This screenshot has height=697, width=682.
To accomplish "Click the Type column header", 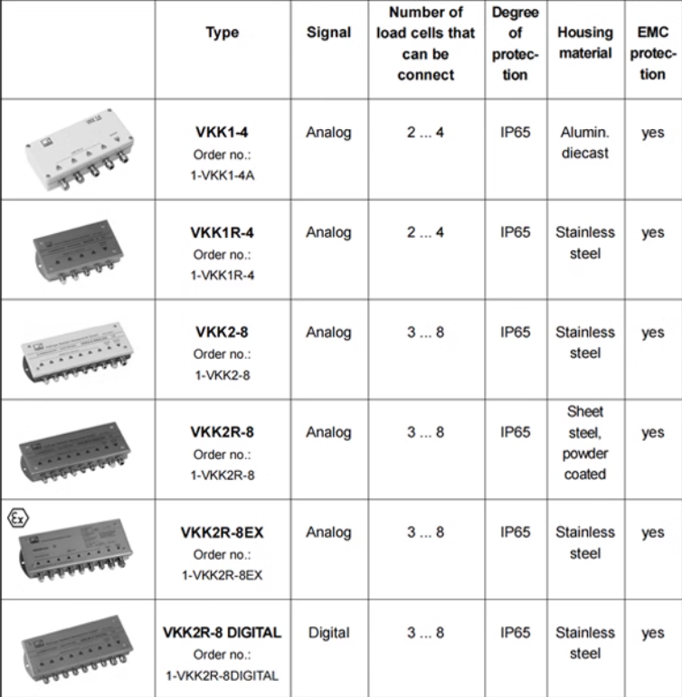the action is coord(222,33).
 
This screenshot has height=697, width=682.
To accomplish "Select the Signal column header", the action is coord(328,33).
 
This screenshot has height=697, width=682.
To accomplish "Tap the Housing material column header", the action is coord(585,42).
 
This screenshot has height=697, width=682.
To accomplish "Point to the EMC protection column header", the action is coord(653,53).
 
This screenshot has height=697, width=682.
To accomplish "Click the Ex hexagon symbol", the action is coord(18,518).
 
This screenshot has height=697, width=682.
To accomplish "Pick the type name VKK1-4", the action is coord(222,132).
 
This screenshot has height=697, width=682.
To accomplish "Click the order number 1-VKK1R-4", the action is coord(223,276).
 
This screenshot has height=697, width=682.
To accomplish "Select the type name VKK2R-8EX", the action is coord(222,532).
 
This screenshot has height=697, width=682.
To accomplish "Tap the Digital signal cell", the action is coord(328,633).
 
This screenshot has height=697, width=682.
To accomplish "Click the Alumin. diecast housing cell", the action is coord(585,142).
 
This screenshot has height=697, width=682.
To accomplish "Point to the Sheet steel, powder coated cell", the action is coord(585,443).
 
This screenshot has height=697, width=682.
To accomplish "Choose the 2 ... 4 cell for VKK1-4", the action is coord(425,132).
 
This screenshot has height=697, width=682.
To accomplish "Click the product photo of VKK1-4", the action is coord(80,149).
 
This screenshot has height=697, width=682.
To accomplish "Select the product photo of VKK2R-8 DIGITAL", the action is coord(78,649).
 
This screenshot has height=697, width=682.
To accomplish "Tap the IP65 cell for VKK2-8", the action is coord(516,332).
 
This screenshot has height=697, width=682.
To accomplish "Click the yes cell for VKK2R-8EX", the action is coord(653,533).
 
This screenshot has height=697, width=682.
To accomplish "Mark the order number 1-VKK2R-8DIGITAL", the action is coord(222,675).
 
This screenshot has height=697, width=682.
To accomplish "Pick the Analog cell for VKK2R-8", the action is coord(328,432).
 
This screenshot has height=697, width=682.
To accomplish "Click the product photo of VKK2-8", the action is coord(78,353).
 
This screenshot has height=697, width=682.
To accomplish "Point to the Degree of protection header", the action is coord(516,43).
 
